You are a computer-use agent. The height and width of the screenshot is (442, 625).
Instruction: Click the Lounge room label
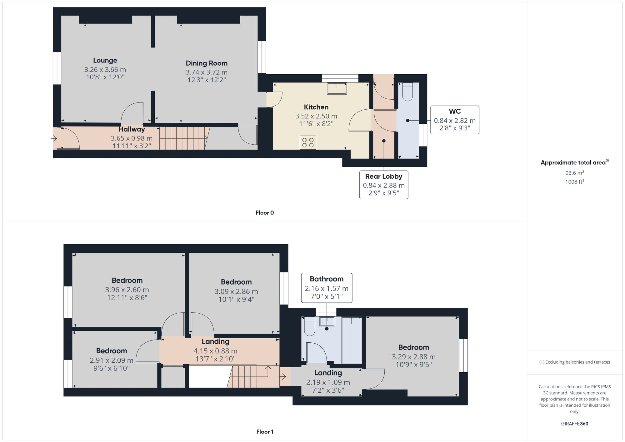(x=105, y=61)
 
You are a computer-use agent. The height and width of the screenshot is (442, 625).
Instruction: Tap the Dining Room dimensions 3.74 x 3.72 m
(x=207, y=72)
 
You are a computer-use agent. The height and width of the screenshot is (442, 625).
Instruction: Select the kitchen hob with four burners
(x=307, y=142)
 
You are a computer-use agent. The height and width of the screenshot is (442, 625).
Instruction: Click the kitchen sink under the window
(x=337, y=88)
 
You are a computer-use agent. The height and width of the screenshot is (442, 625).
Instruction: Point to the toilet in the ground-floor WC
(x=407, y=92)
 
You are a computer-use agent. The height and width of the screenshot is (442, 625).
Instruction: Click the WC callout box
(x=455, y=120)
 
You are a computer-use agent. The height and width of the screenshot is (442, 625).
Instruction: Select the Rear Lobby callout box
(x=383, y=185)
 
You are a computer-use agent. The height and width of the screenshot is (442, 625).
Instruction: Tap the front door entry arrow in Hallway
(x=54, y=138)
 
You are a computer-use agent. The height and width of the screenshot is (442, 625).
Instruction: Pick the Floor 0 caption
(x=264, y=213)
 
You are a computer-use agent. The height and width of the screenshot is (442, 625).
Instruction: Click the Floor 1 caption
(x=264, y=432)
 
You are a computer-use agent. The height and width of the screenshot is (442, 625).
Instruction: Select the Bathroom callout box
(x=327, y=288)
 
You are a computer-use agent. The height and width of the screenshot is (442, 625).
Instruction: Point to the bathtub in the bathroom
(x=352, y=340)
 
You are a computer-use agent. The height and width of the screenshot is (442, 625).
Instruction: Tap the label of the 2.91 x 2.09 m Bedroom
(x=111, y=351)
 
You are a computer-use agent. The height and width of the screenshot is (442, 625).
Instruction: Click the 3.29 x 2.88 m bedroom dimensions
(x=413, y=357)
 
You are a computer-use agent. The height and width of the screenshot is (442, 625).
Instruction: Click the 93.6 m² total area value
(x=574, y=173)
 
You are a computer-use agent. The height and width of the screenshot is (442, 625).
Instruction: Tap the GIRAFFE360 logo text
(x=574, y=424)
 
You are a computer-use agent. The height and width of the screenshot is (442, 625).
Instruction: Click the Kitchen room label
(x=316, y=107)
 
